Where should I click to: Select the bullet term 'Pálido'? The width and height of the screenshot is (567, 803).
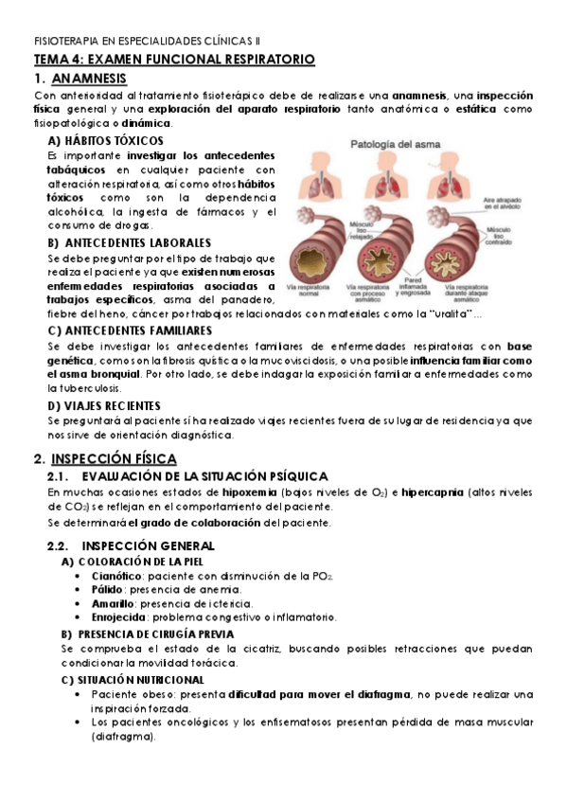108,589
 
